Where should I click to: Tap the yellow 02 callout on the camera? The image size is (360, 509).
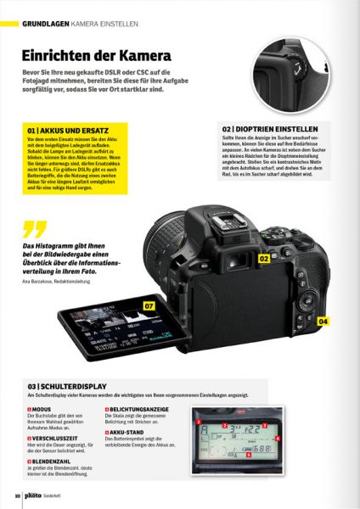[264, 256]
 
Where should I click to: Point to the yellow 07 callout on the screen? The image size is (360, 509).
[149, 305]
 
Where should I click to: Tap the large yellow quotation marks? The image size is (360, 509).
[34, 228]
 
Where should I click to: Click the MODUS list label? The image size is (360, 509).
[42, 408]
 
